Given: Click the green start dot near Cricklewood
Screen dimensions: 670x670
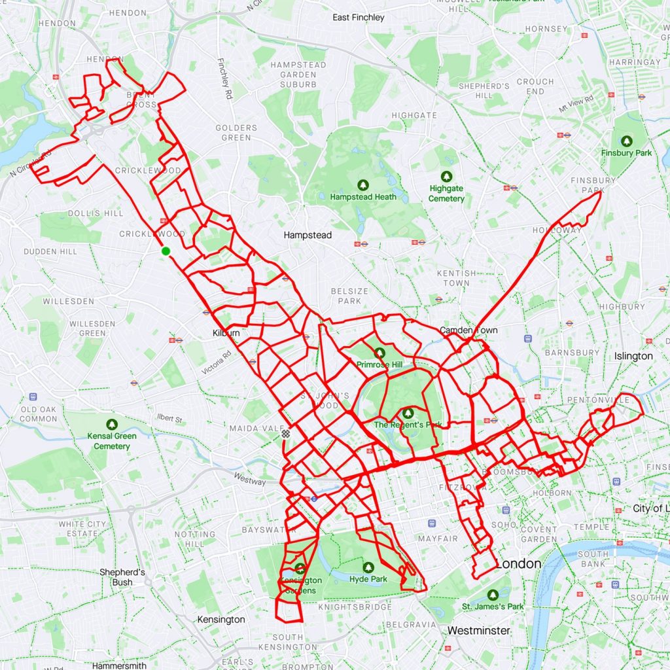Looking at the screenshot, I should [x=166, y=251].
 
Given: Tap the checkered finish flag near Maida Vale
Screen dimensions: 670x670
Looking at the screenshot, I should [x=285, y=433].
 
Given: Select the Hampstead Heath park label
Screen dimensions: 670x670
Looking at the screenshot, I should [x=363, y=196].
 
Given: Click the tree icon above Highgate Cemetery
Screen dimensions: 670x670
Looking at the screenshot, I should [x=446, y=177].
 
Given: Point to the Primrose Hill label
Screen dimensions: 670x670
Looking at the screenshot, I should [x=379, y=364].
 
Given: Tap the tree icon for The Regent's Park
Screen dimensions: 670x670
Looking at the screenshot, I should [x=408, y=413].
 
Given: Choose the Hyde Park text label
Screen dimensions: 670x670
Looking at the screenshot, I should [x=368, y=579].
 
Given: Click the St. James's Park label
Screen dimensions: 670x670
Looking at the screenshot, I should [x=493, y=607].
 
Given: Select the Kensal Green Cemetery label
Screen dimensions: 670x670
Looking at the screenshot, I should [x=112, y=441].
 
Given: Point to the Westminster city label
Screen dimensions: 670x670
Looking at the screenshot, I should [x=478, y=630].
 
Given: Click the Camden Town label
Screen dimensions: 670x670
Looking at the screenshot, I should [x=468, y=330].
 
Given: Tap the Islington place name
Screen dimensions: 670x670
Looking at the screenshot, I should [x=633, y=357].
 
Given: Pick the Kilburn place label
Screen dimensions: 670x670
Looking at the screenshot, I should [x=226, y=333].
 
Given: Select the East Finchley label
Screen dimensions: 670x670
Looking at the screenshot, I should [x=359, y=18].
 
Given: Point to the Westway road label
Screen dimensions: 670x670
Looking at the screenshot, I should [x=249, y=480].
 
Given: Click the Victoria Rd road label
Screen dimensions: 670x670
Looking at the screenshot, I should [x=217, y=362].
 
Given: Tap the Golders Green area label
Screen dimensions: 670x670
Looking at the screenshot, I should [x=236, y=133].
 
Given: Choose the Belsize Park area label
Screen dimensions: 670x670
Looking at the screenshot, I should [x=349, y=296].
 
